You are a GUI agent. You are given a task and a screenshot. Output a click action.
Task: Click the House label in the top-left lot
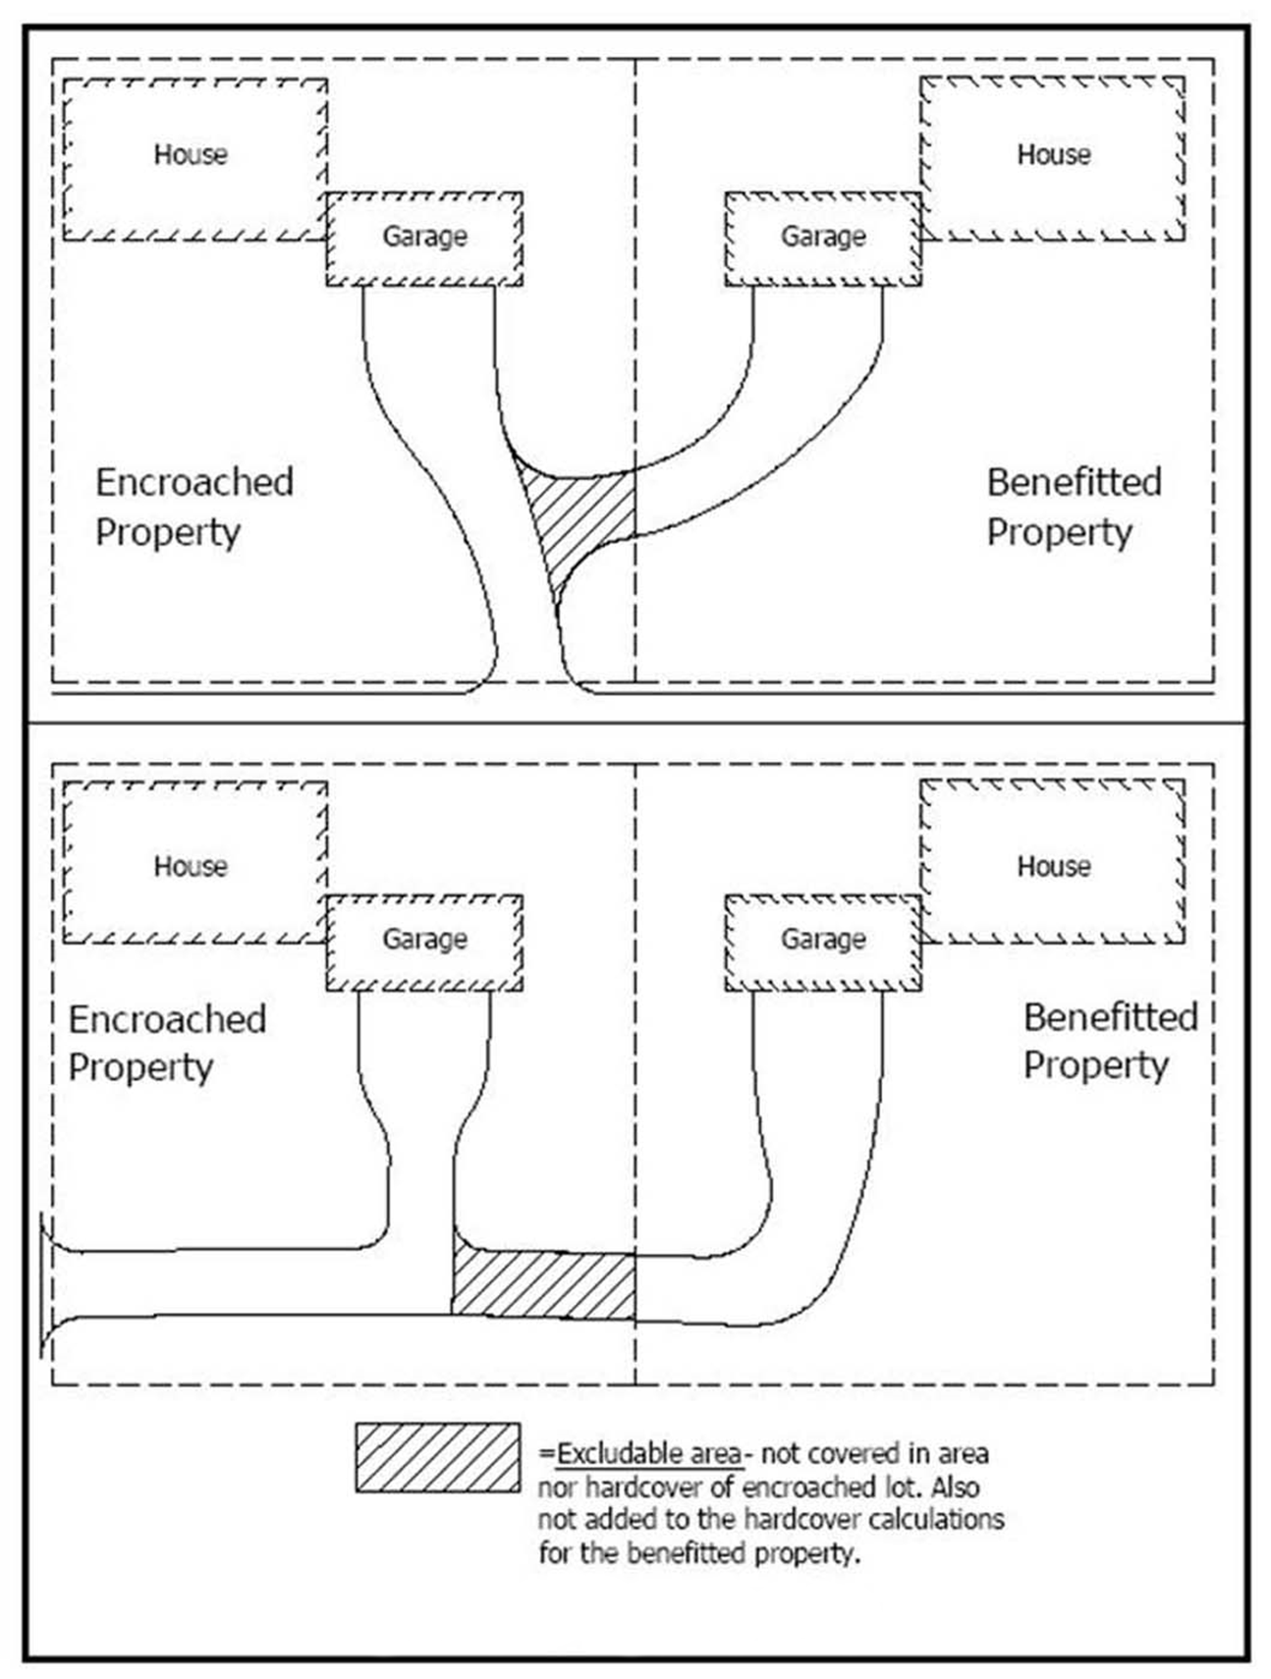pos(191,155)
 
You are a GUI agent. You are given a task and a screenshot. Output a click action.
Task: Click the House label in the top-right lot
pos(1053,155)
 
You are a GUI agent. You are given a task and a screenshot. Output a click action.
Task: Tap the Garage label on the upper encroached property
pos(424,237)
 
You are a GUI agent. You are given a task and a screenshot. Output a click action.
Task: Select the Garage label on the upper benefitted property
pos(823,237)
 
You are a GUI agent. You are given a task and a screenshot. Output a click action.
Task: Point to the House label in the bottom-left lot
pos(191,866)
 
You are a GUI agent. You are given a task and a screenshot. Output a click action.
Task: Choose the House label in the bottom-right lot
pos(1053,866)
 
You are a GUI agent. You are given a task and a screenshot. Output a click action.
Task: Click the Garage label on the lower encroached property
pos(424,940)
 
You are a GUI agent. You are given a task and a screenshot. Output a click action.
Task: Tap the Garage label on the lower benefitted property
pos(823,940)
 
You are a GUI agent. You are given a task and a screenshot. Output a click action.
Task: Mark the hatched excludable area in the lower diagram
pos(543,1283)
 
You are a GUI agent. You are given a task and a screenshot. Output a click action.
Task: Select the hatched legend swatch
pos(438,1458)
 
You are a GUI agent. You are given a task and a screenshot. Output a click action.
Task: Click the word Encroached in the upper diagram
pos(194,482)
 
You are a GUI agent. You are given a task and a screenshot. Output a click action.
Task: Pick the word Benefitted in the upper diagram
pos(1074,482)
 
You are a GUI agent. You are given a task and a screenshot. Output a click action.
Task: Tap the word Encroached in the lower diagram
pos(167,1019)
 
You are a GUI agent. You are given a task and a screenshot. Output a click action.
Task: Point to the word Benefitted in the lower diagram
pos(1110,1017)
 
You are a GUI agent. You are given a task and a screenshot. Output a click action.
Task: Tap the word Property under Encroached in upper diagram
pos(168,533)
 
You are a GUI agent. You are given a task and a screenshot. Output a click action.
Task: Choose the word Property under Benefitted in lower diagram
pos(1096,1066)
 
